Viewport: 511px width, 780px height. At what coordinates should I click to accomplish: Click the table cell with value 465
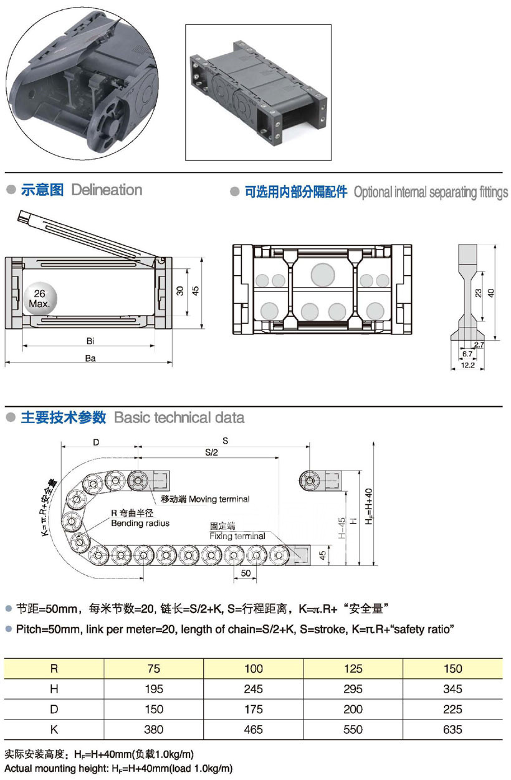click(x=254, y=729)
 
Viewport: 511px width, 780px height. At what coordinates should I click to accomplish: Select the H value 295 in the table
click(x=353, y=689)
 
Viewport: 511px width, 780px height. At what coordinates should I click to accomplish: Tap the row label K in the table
click(x=54, y=729)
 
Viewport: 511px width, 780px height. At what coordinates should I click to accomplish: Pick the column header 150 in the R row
click(x=453, y=669)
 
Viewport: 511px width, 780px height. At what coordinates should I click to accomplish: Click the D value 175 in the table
click(x=254, y=709)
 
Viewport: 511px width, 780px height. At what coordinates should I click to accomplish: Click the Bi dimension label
click(x=90, y=341)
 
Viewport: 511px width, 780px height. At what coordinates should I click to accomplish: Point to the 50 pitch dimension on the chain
click(x=245, y=572)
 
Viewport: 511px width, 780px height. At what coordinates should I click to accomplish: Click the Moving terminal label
click(x=205, y=499)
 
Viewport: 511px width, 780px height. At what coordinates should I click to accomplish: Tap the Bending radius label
click(x=140, y=523)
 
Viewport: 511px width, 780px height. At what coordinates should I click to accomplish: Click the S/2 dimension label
click(x=211, y=453)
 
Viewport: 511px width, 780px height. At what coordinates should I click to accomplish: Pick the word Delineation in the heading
click(x=107, y=190)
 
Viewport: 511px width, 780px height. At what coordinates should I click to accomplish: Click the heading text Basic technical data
click(x=179, y=417)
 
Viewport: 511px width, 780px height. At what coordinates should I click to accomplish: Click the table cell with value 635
click(x=453, y=729)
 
